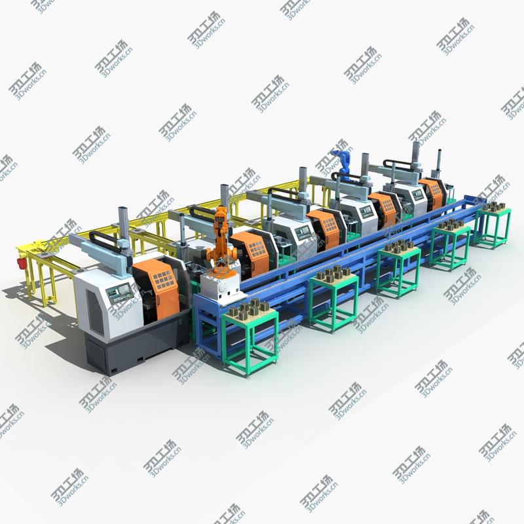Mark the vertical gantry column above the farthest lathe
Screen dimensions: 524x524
tap(417, 152)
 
